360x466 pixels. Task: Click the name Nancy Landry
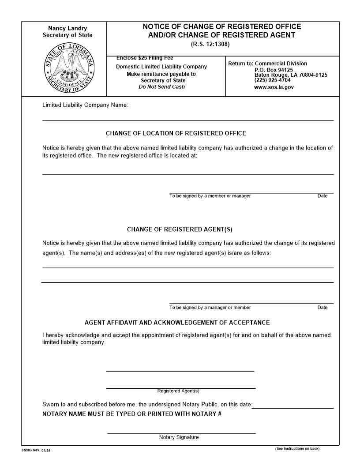[x=67, y=28]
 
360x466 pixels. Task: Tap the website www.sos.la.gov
[x=274, y=87]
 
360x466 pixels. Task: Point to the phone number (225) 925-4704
[x=273, y=80]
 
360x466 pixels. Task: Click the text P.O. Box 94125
[x=274, y=70]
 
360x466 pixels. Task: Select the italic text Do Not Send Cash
[x=162, y=86]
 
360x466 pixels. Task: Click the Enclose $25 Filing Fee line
[x=145, y=58]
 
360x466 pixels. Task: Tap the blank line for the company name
[x=187, y=119]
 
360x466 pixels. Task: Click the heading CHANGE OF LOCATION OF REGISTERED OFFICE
[x=176, y=133]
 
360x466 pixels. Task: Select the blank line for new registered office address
[x=187, y=174]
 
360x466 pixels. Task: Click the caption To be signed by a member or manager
[x=210, y=196]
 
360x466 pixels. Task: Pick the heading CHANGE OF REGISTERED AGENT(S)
[x=180, y=229]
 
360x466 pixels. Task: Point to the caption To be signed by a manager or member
[x=210, y=308]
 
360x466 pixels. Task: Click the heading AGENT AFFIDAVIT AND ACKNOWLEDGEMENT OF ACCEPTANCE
[x=177, y=323]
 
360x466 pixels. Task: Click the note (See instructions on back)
[x=297, y=449]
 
